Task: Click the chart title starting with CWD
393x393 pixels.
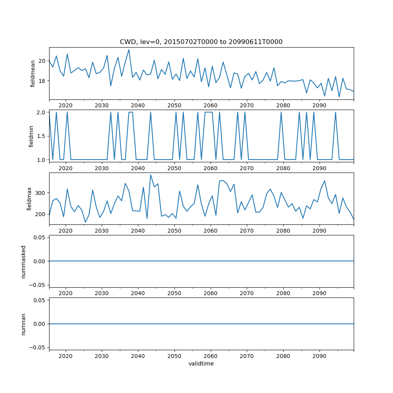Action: pos(201,42)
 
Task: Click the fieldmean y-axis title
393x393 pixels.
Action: pos(33,73)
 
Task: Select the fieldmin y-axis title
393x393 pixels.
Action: pos(31,136)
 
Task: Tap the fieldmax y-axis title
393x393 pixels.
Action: pos(29,199)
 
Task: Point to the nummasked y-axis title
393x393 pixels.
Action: pos(24,261)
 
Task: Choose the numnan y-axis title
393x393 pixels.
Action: pos(24,324)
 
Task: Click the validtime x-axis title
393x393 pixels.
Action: pos(201,364)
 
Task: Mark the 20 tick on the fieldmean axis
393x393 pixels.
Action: pos(42,61)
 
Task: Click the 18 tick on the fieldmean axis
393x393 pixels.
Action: pos(42,81)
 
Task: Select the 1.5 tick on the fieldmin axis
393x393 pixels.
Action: pos(41,136)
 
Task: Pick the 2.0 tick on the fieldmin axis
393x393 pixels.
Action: pos(41,112)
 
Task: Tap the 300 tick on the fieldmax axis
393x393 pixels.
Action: pos(41,193)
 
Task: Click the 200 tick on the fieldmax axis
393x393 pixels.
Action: pos(41,214)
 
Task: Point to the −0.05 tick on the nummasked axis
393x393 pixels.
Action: pos(38,285)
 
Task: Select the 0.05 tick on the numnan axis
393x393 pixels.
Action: pos(39,300)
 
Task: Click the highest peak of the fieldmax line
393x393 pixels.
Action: pos(151,175)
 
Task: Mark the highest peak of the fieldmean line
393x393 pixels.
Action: pos(129,50)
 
